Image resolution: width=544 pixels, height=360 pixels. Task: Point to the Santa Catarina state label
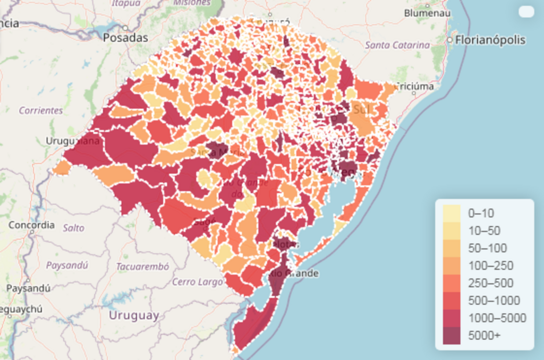coord(397,45)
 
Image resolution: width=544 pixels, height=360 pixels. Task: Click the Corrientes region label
coord(41,110)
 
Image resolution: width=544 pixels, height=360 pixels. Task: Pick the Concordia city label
coord(31,225)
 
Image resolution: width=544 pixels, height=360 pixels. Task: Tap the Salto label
coord(73,228)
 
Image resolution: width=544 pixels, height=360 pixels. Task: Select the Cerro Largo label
coord(197,282)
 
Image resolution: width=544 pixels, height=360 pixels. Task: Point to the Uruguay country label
coord(134,315)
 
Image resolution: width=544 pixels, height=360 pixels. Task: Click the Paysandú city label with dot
coord(28,288)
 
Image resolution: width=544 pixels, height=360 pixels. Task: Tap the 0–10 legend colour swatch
coord(452,213)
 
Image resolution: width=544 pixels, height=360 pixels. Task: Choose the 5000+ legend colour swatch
coord(452,335)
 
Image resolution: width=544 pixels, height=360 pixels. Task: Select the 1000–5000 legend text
coord(497,318)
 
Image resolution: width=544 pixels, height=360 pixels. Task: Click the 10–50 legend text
coord(484,231)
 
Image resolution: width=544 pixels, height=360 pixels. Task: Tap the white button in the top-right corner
coord(526,12)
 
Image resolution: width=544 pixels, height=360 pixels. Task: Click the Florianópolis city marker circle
coord(450,40)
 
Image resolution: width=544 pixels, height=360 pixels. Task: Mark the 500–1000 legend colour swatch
coord(452,301)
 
